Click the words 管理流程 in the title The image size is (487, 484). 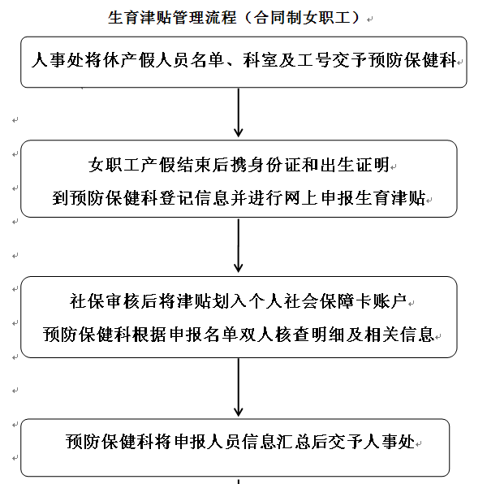coord(205,17)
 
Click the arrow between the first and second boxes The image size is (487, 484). coord(238,113)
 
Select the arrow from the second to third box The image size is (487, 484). coord(238,246)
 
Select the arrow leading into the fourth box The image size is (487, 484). coord(238,387)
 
